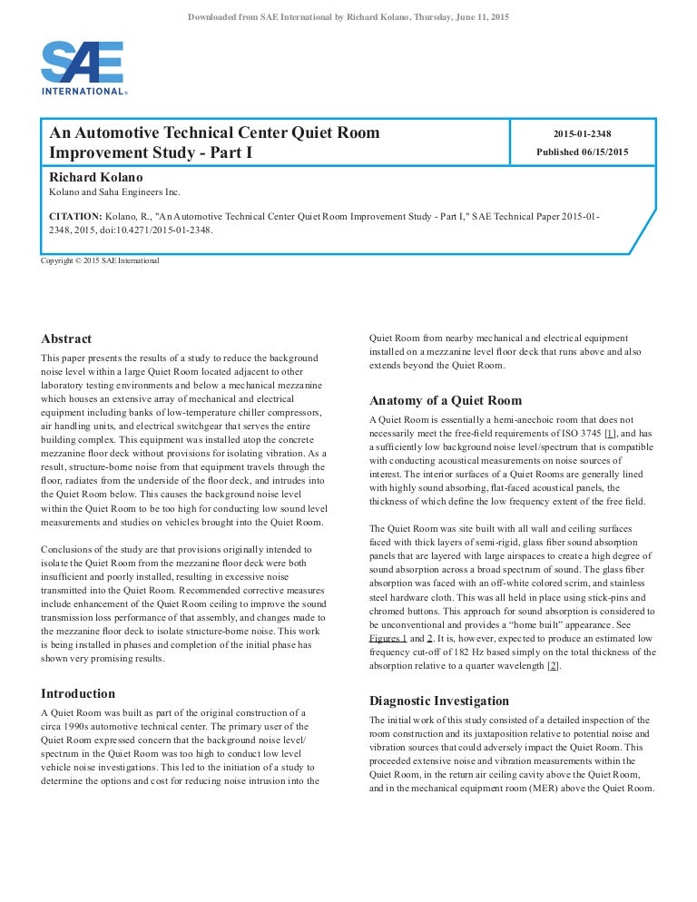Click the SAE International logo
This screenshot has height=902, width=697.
coord(83,68)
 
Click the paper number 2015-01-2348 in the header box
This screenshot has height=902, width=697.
coord(582,133)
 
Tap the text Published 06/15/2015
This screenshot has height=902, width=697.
coord(582,152)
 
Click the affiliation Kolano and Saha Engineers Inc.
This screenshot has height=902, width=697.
coord(113,191)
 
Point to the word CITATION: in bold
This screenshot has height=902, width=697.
coord(75,216)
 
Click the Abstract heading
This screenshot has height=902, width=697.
coord(66,338)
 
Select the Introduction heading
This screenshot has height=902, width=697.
coord(78,693)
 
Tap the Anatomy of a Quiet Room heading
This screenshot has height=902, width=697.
coord(445,400)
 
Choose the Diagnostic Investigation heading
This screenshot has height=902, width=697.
coord(439,701)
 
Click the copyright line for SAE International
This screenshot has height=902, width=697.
coord(100,260)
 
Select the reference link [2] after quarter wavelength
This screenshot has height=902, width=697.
coord(553,665)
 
